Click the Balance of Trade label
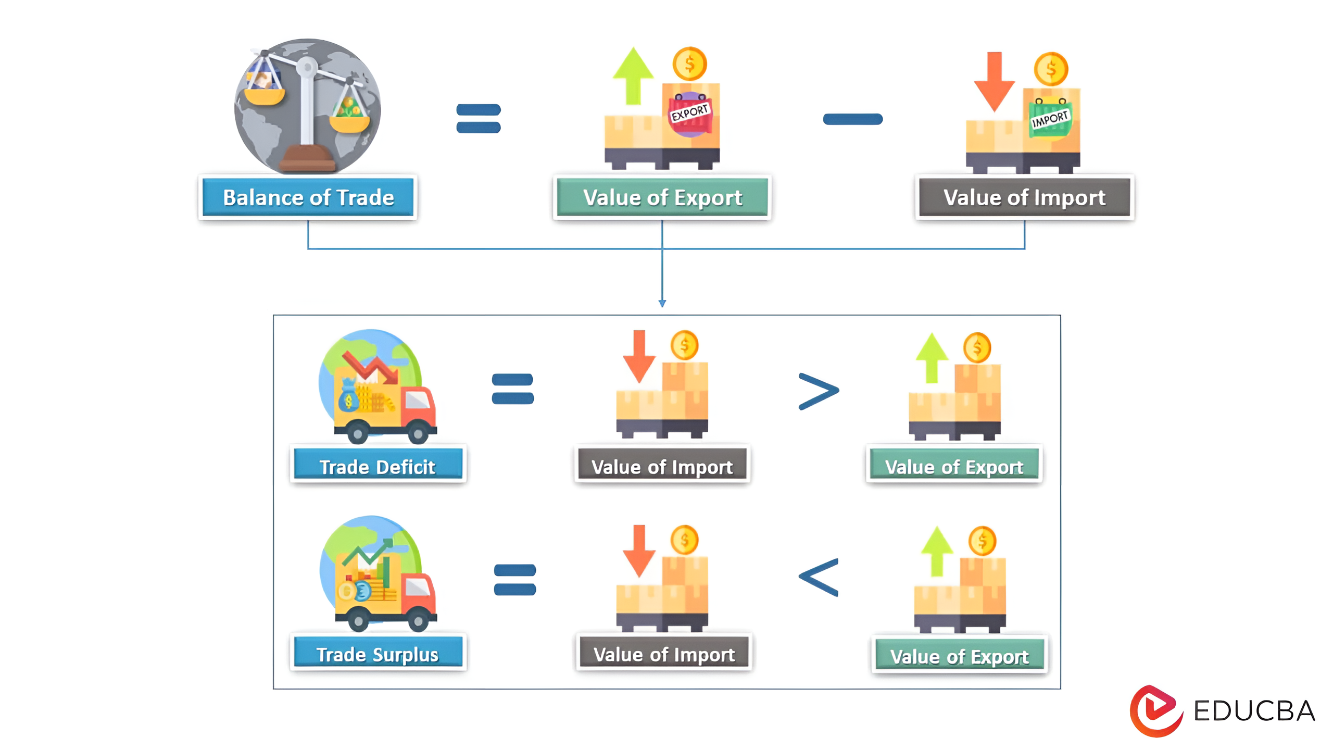click(308, 197)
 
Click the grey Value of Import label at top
click(1024, 197)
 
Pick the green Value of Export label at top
click(662, 197)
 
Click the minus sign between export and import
click(852, 119)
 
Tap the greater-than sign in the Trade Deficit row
click(819, 391)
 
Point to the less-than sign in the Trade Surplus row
click(819, 577)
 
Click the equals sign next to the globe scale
click(478, 118)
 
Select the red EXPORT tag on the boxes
click(690, 114)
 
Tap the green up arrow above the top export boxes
click(633, 76)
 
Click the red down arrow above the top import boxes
click(994, 82)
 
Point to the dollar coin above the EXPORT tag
click(689, 64)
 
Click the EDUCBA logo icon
click(1155, 710)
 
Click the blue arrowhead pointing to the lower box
click(662, 304)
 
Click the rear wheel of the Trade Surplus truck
click(358, 621)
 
